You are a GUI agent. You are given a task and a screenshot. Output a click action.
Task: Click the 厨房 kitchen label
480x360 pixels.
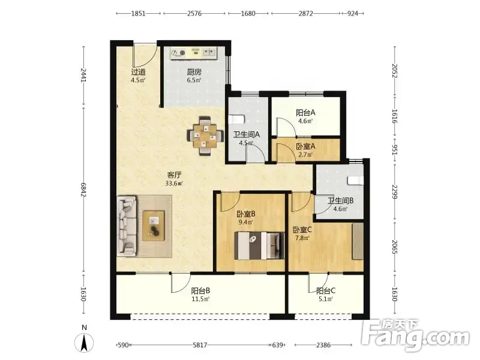tap(194, 72)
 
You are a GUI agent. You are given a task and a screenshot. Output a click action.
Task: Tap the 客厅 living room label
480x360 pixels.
tap(174, 175)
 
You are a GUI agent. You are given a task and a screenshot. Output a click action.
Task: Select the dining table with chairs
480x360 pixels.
tap(205, 136)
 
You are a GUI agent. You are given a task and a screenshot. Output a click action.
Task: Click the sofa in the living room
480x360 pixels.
tap(127, 226)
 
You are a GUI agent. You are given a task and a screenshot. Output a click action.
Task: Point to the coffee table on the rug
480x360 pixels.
tap(154, 226)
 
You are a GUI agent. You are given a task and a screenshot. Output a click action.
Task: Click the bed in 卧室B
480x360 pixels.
tap(259, 245)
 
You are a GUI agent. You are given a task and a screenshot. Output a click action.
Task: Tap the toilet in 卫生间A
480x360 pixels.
tap(236, 119)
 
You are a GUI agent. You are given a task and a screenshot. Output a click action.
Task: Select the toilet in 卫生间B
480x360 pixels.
tap(356, 181)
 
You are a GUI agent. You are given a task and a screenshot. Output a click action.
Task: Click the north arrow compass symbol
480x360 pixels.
tap(84, 342)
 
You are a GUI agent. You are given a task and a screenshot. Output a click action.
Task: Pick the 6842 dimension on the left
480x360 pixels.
tap(83, 190)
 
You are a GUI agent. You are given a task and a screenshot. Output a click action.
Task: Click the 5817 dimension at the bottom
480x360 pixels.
tap(200, 345)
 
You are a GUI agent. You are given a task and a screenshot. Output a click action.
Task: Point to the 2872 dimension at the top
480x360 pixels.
tap(305, 13)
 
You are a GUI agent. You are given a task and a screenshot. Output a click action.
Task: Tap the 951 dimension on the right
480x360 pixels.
tap(395, 150)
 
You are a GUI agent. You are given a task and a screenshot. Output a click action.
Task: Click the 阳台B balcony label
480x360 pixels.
tap(200, 290)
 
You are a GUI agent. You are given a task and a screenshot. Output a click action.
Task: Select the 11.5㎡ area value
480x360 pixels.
tap(200, 299)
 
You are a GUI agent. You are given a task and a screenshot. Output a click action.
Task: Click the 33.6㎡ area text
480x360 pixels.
tap(174, 184)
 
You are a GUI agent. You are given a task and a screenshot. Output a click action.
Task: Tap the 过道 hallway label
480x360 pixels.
tap(138, 72)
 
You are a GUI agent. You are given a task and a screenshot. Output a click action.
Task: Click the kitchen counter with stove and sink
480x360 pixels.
tap(193, 53)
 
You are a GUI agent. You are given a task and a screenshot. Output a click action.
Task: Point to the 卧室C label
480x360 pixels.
tap(302, 230)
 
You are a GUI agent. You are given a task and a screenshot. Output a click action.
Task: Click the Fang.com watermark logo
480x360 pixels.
tap(415, 335)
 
